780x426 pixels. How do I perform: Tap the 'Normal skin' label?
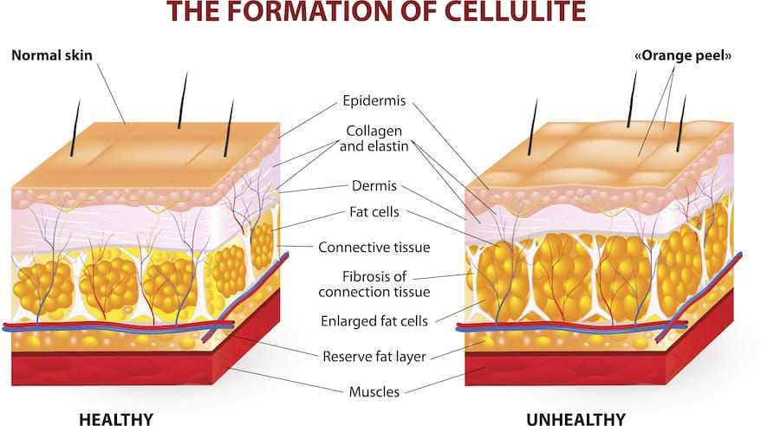click(x=52, y=55)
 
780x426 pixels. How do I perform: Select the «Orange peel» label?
click(x=683, y=55)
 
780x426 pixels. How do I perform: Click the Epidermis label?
click(x=374, y=101)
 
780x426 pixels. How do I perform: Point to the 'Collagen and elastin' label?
click(x=374, y=139)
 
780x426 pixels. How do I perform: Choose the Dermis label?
click(x=374, y=186)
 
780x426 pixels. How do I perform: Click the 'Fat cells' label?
click(x=374, y=212)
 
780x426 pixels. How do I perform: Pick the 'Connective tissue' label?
click(x=374, y=247)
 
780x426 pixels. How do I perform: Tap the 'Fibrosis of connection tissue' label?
click(x=374, y=284)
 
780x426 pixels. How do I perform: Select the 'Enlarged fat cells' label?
click(x=374, y=321)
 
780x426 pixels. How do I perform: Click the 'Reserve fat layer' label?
click(x=374, y=357)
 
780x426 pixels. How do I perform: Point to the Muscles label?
click(x=374, y=391)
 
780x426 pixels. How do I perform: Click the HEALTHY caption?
click(x=116, y=419)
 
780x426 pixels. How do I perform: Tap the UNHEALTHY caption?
click(x=575, y=419)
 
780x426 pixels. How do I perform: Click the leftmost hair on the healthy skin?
click(x=75, y=128)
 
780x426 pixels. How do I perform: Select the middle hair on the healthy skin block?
click(x=183, y=100)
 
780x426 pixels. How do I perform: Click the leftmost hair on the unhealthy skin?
click(x=533, y=126)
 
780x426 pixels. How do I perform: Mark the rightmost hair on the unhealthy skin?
click(x=681, y=123)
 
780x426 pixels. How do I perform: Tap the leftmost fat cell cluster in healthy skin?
click(x=42, y=288)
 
